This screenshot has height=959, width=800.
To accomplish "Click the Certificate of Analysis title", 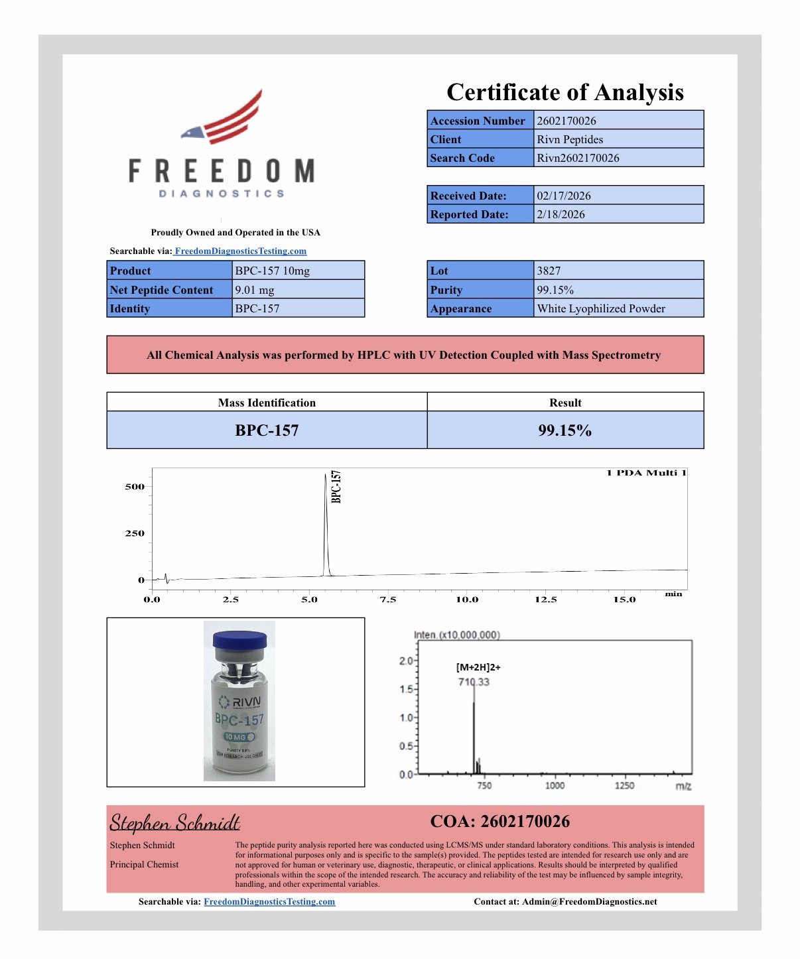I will click(565, 92).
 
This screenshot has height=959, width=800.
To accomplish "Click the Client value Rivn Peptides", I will click(570, 139).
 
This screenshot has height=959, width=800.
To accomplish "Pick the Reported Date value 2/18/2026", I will click(561, 214).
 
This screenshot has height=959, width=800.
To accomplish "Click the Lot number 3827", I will click(549, 271).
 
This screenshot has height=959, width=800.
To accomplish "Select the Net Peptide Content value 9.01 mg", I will click(255, 290).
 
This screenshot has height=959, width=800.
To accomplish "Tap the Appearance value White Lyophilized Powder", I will click(601, 308).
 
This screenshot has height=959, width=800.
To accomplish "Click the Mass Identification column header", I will click(267, 403).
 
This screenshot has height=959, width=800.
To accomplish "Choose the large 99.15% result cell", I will click(565, 430).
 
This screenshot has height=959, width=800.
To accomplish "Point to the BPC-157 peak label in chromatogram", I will click(336, 487).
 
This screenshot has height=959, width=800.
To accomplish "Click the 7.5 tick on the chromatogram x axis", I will click(387, 600).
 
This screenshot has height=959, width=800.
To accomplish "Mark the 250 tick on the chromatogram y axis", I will click(135, 533).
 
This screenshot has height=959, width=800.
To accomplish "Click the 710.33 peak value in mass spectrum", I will click(474, 682).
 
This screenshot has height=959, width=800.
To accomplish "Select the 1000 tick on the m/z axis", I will click(555, 786).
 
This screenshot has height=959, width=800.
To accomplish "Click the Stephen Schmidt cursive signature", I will click(174, 823).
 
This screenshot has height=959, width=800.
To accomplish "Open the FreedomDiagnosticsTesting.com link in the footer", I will click(269, 902).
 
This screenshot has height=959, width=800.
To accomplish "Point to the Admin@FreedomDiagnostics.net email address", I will click(589, 902).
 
